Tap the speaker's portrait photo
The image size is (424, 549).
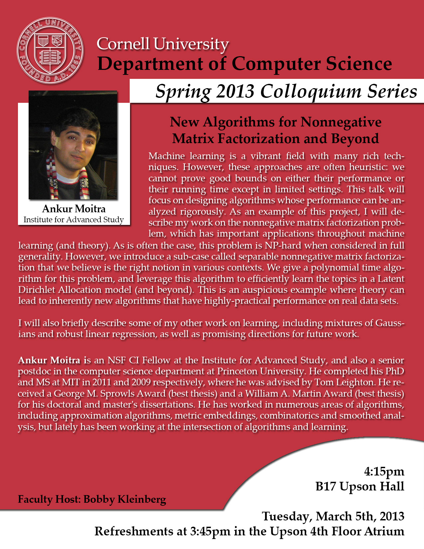click(x=73, y=145)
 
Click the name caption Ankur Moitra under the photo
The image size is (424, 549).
click(x=74, y=209)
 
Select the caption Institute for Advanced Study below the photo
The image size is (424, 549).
click(x=73, y=220)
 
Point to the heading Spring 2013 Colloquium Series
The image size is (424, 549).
click(x=286, y=91)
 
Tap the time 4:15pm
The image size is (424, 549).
click(x=384, y=471)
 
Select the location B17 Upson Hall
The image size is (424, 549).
click(x=360, y=486)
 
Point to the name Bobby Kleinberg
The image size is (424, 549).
click(x=125, y=499)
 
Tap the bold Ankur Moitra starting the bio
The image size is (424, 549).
click(x=49, y=360)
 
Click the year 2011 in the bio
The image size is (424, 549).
click(x=102, y=382)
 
